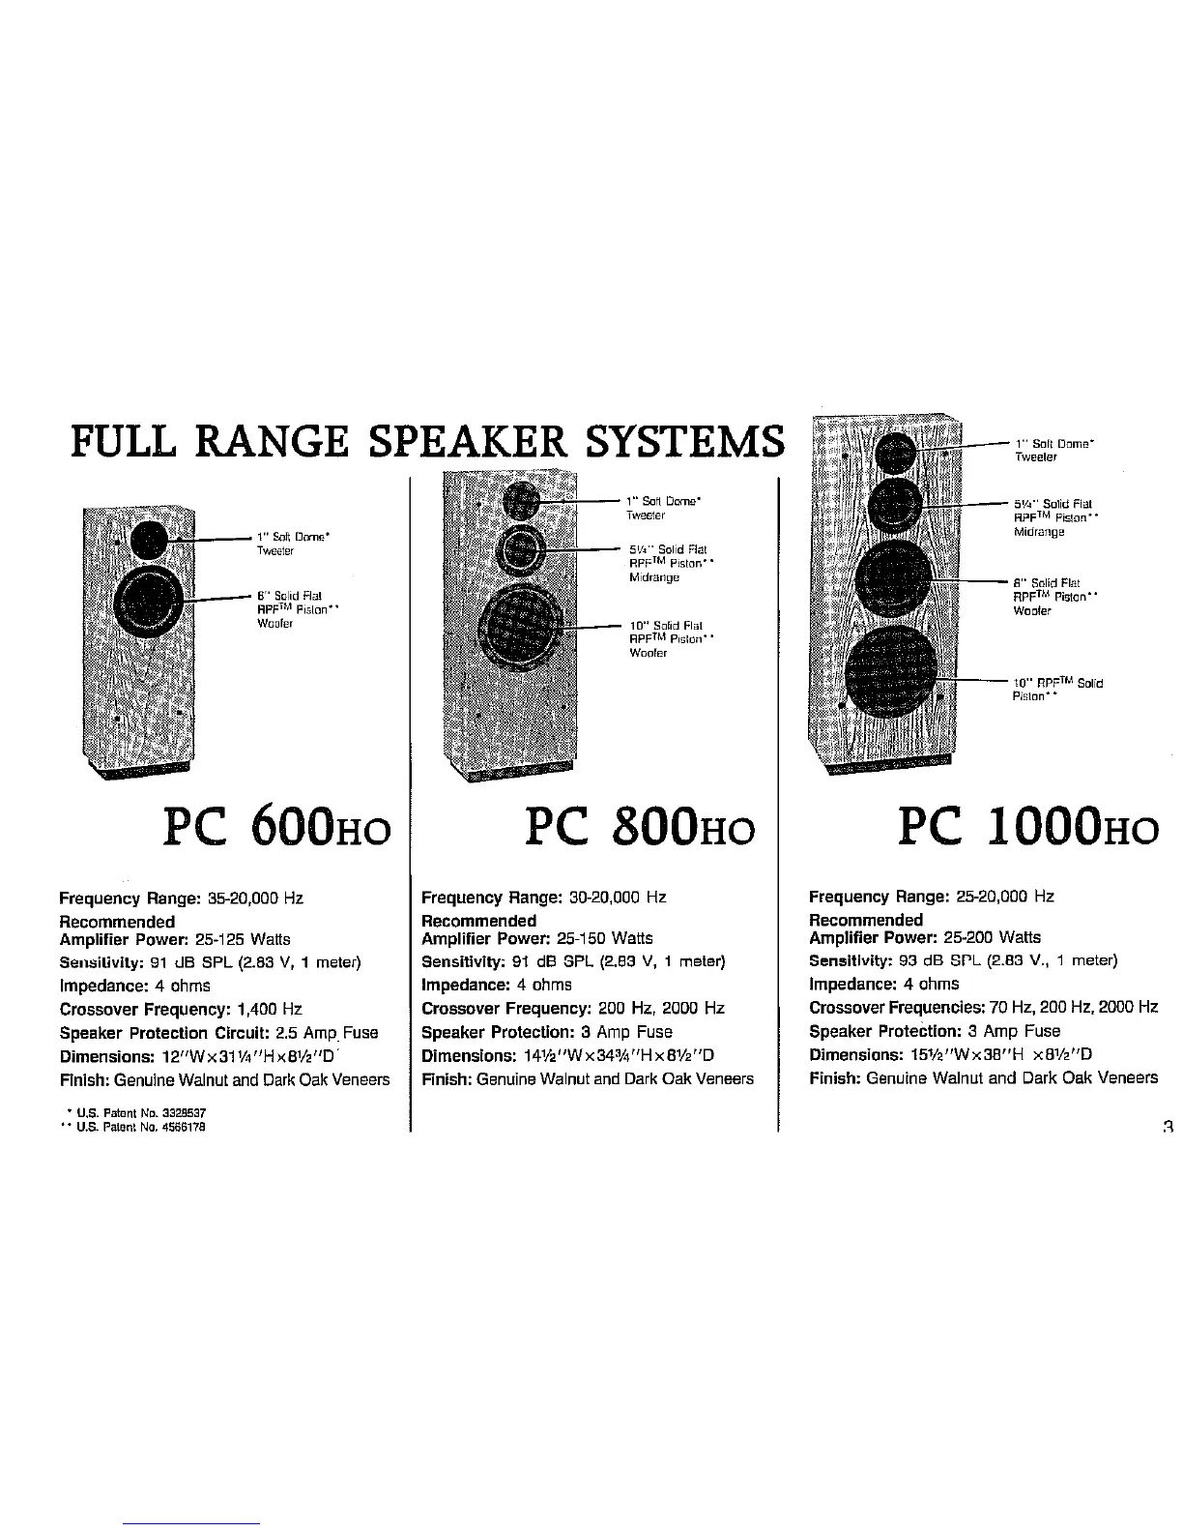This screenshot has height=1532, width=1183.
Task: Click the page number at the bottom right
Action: [x=1168, y=1125]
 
